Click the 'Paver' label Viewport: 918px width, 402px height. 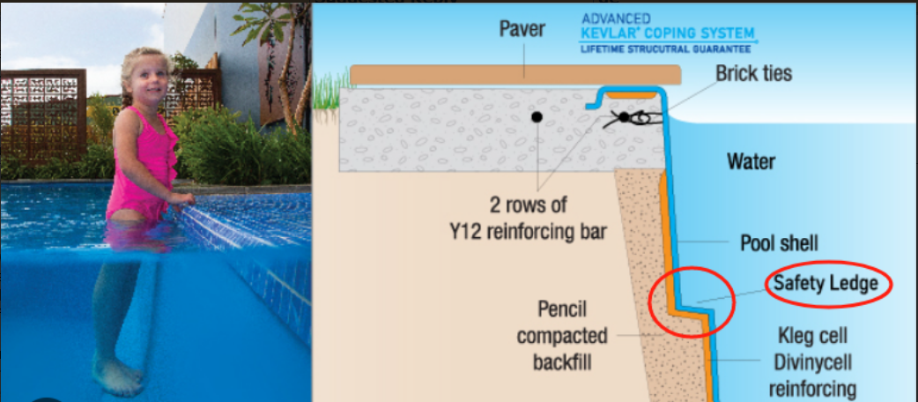(x=523, y=28)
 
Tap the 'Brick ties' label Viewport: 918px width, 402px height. (x=753, y=72)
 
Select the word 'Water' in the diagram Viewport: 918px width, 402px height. (x=751, y=161)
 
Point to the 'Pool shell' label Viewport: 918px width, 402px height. (x=779, y=243)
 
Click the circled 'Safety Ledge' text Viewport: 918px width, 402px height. (x=825, y=284)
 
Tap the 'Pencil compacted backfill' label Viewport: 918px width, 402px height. (x=562, y=336)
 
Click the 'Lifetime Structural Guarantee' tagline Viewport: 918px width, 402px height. (x=667, y=48)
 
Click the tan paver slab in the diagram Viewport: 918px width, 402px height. (x=515, y=74)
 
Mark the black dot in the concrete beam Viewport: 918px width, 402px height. (x=536, y=116)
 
